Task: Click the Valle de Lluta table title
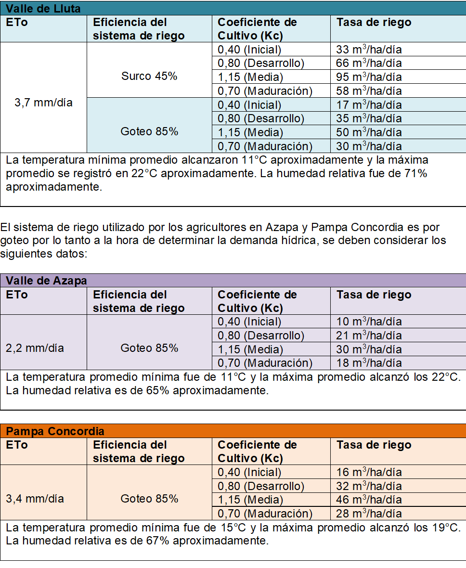(43, 9)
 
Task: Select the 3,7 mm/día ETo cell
(43, 103)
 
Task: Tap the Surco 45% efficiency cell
(149, 76)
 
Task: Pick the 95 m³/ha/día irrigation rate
(369, 77)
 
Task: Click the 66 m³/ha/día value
(369, 63)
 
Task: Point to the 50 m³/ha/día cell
(369, 132)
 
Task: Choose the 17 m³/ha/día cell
(369, 105)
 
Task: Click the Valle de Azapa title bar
(46, 281)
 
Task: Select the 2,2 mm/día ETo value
(35, 348)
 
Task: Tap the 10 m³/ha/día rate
(369, 322)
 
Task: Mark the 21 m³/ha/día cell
(369, 336)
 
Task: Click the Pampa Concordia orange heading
(55, 431)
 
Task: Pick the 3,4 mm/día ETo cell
(35, 499)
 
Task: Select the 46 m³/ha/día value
(369, 500)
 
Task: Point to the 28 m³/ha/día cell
(369, 514)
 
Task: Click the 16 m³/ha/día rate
(369, 472)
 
